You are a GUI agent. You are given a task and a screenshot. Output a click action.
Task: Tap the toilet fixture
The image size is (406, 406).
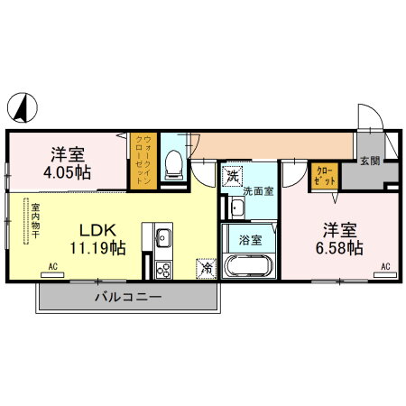pyautogui.click(x=174, y=166)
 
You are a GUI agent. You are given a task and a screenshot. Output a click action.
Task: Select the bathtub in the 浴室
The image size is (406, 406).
pyautogui.click(x=249, y=265)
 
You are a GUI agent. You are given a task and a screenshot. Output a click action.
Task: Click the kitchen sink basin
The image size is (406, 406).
pyautogui.click(x=163, y=237)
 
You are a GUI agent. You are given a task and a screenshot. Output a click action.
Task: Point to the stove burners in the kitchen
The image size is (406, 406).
pyautogui.click(x=163, y=270)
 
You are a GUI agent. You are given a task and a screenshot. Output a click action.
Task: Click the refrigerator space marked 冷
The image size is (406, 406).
pyautogui.click(x=207, y=268)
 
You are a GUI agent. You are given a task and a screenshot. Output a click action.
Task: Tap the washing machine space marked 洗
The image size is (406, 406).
pyautogui.click(x=232, y=177)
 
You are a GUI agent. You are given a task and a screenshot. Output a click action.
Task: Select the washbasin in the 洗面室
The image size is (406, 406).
pyautogui.click(x=237, y=208)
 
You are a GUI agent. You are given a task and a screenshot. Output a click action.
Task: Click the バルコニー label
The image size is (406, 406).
pyautogui.click(x=128, y=297)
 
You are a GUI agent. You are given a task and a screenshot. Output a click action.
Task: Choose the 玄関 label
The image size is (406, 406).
pyautogui.click(x=370, y=161)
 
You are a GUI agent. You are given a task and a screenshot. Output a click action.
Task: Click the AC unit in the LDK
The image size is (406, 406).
pyautogui.click(x=52, y=274)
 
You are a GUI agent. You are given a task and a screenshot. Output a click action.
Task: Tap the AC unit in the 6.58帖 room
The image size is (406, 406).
pyautogui.click(x=385, y=274)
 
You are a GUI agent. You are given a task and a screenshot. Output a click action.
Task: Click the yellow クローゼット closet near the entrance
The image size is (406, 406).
pyautogui.click(x=325, y=178)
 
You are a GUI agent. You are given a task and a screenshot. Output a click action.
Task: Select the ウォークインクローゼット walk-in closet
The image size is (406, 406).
pyautogui.click(x=143, y=161)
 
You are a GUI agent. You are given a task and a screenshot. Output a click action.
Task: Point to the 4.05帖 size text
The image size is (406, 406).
pyautogui.click(x=67, y=173)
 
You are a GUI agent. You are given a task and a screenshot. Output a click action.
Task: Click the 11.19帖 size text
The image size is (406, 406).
pyautogui.click(x=97, y=248)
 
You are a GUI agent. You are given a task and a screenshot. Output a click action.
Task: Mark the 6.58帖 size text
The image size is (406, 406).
pyautogui.click(x=339, y=248)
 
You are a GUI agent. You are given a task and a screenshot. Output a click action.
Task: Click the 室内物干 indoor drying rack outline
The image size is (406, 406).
pyautogui.click(x=26, y=220)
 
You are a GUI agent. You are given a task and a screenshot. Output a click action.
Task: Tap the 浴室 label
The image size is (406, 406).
pyautogui.click(x=250, y=240)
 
